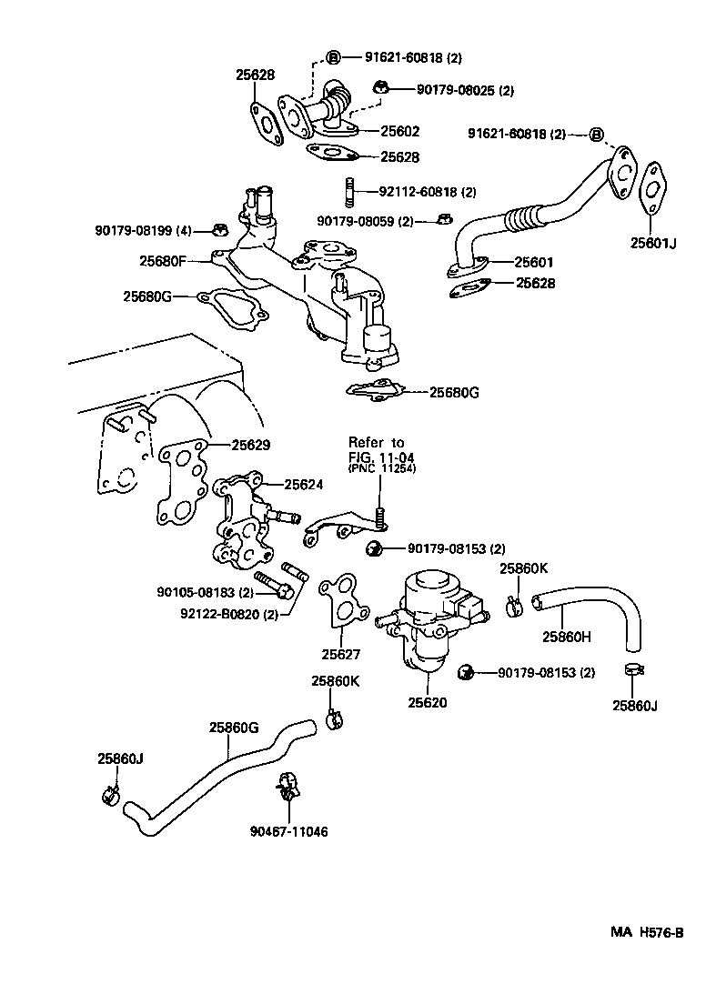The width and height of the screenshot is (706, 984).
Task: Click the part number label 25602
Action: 399,130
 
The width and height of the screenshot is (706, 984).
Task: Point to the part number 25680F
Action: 162,260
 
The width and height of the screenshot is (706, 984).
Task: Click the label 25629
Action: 250,445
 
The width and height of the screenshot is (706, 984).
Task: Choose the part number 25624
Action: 303,485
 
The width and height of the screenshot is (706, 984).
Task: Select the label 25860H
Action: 568,636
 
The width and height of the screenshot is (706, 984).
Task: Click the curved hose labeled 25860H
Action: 591,604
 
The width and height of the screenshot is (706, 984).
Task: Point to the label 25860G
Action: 234,727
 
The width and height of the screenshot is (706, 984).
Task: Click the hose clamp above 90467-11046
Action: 287,785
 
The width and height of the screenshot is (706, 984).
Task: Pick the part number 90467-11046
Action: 289,831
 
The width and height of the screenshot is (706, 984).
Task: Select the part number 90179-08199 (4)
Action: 143,229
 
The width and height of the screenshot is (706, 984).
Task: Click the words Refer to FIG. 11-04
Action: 377,449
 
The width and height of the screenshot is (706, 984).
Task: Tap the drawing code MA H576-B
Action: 646,933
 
